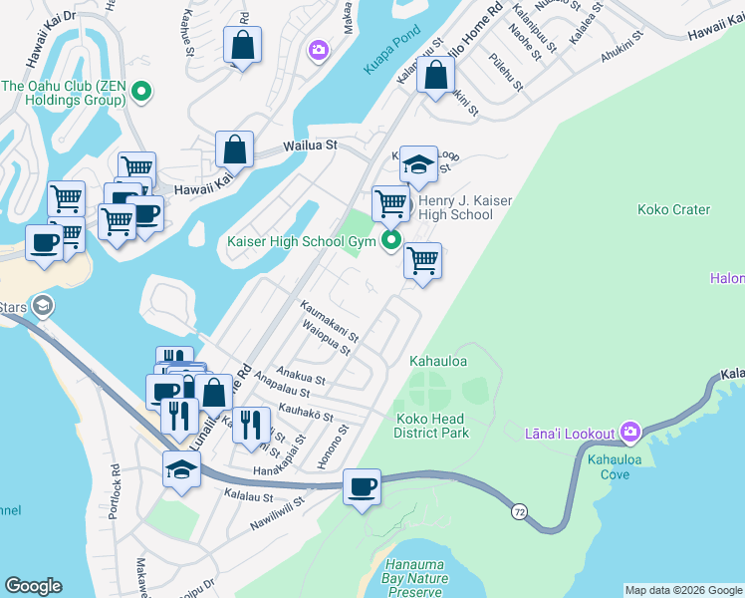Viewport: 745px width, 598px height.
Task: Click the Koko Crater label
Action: [676, 209]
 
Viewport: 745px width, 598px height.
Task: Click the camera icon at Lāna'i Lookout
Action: [629, 432]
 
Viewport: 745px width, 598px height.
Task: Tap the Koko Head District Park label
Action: [431, 426]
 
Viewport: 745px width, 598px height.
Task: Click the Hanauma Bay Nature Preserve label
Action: [413, 584]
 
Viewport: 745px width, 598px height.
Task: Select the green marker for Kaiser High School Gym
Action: [391, 240]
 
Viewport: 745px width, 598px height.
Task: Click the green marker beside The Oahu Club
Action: [141, 94]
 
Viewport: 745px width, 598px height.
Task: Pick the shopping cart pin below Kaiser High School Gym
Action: [422, 261]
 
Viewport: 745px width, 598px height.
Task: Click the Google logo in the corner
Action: [33, 586]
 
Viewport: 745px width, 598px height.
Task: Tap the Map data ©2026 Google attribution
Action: [683, 590]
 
